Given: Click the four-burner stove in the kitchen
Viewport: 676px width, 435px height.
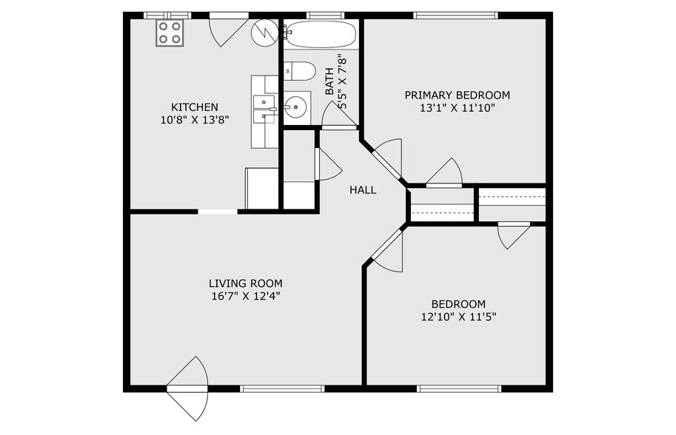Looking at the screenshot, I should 170,33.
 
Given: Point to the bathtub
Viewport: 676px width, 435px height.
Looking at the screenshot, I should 320,34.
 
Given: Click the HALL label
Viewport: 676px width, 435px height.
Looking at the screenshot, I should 363,190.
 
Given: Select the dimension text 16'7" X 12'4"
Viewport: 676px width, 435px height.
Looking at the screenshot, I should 245,296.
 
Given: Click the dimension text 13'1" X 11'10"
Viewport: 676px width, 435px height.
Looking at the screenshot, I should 457,108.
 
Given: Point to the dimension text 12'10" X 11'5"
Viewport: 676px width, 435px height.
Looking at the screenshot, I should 458,317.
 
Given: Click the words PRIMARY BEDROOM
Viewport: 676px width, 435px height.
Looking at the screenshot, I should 457,95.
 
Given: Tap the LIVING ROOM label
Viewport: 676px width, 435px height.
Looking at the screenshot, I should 245,283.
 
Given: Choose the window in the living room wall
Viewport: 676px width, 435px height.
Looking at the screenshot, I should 282,388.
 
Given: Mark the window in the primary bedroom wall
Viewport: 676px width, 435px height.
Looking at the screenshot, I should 455,15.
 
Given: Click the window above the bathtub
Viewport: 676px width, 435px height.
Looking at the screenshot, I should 319,15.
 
